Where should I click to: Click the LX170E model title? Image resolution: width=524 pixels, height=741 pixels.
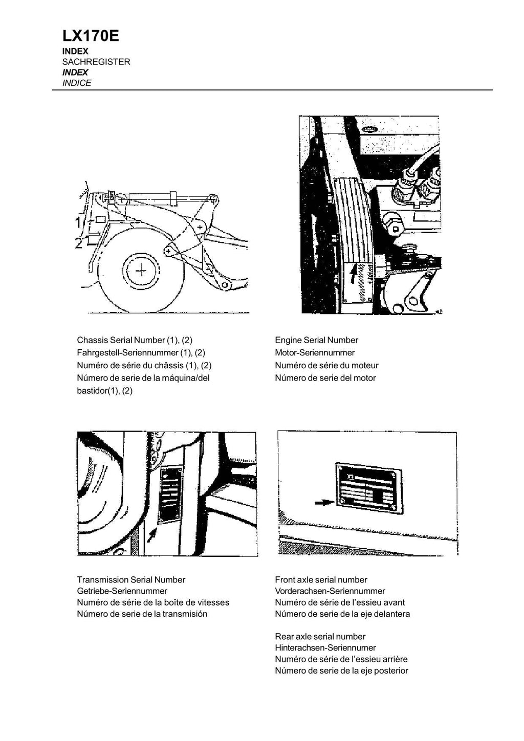pos(91,36)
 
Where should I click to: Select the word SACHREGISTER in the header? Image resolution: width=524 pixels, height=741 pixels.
pos(96,62)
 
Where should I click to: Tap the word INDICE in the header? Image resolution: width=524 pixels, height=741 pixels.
pos(77,83)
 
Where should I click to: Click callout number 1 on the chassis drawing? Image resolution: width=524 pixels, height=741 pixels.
pos(77,222)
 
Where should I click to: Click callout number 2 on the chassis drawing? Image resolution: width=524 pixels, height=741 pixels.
pos(78,243)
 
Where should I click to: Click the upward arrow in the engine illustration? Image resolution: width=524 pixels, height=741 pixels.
pos(353,280)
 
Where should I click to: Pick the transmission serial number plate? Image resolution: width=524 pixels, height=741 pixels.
pos(170,495)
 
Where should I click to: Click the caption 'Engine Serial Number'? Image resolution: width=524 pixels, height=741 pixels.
pos(316,340)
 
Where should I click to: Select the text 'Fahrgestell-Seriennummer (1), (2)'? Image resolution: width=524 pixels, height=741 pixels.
pos(141,352)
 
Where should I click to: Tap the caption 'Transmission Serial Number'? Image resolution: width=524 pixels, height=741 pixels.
pos(131,579)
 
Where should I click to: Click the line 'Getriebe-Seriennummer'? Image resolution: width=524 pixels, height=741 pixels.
pos(122,591)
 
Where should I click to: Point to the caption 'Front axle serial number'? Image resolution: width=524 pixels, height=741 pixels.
pos(321,579)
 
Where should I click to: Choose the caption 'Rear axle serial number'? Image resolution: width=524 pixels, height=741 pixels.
pos(320,636)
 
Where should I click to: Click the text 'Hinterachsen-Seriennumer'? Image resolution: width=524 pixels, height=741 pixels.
pos(325,647)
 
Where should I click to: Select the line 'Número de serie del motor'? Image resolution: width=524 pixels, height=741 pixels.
pos(325,378)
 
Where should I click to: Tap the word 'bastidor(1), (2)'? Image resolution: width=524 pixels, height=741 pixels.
pos(104,391)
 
